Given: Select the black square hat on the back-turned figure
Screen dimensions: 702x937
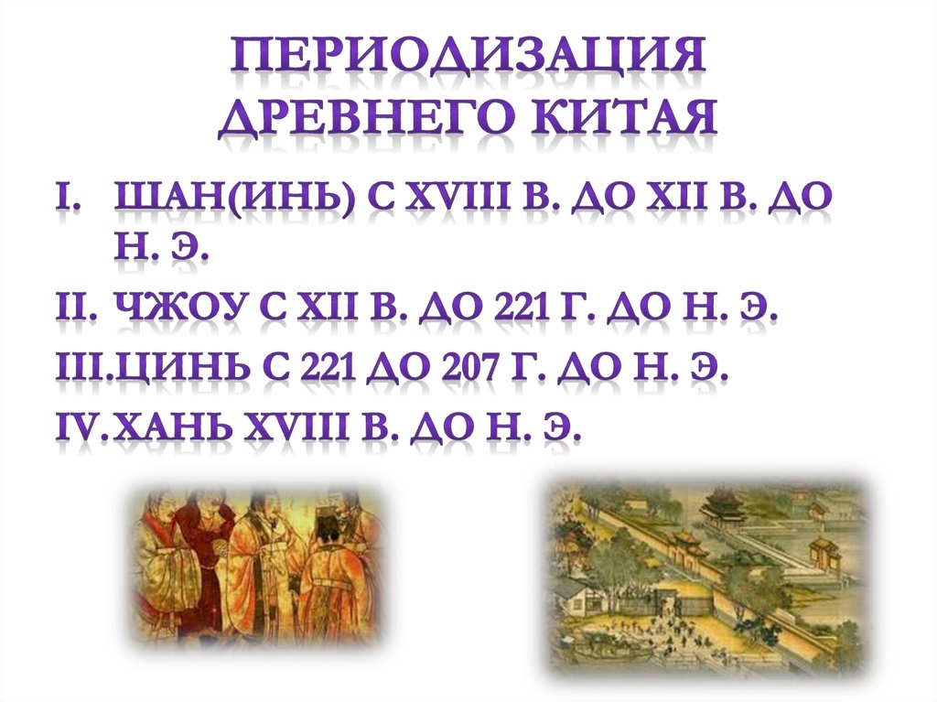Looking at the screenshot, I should (x=326, y=524).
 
